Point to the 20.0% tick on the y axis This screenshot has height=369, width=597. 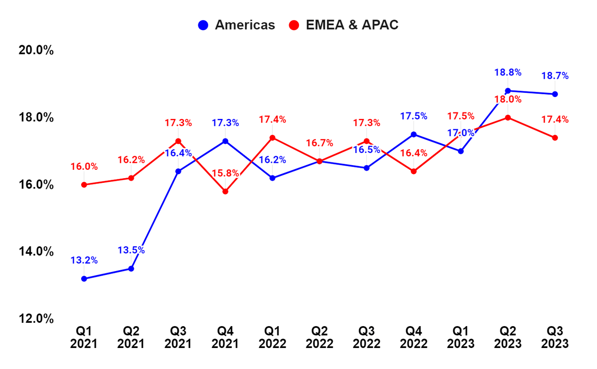(x=36, y=50)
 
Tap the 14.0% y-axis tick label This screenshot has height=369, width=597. (x=36, y=251)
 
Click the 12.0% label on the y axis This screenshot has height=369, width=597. (x=36, y=319)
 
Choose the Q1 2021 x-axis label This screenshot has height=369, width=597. (x=84, y=337)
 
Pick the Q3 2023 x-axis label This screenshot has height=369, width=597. (x=555, y=337)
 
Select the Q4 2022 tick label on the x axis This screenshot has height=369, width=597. (x=413, y=337)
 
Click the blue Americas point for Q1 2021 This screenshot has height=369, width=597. (x=84, y=279)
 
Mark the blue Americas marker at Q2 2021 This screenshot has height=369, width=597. (x=131, y=269)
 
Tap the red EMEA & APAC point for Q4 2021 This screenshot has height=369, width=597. (x=225, y=191)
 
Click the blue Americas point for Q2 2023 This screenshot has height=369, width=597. (x=508, y=91)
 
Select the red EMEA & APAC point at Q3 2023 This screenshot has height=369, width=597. (x=555, y=138)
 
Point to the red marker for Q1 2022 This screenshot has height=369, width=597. (x=272, y=138)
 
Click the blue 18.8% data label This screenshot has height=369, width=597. (x=507, y=72)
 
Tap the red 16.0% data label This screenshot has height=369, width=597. (x=84, y=167)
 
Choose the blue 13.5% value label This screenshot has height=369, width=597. (x=131, y=250)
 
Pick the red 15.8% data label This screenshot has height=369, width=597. (x=225, y=173)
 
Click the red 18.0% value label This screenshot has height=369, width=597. (x=507, y=99)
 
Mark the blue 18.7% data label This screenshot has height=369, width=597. (x=555, y=76)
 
